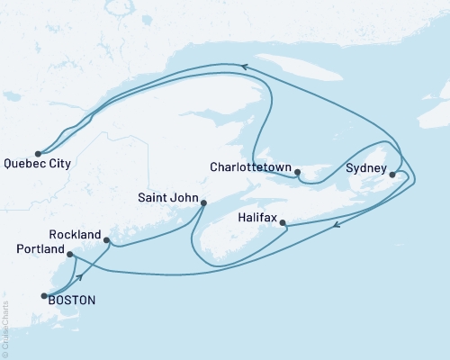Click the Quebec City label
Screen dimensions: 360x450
pyautogui.click(x=39, y=165)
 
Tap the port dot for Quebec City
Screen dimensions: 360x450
pyautogui.click(x=38, y=153)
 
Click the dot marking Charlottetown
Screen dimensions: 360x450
pyautogui.click(x=298, y=169)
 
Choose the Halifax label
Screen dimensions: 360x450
pyautogui.click(x=258, y=218)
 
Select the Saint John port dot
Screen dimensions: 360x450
pyautogui.click(x=202, y=202)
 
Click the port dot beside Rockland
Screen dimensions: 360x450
pyautogui.click(x=107, y=240)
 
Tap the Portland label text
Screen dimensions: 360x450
pyautogui.click(x=40, y=248)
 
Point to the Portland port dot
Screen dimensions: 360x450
pyautogui.click(x=69, y=255)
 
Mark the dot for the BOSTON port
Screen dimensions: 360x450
pyautogui.click(x=42, y=294)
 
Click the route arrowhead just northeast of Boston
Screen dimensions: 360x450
pyautogui.click(x=80, y=276)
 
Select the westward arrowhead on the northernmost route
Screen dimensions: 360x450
pyautogui.click(x=243, y=65)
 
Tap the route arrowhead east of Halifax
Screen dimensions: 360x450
pyautogui.click(x=337, y=226)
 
